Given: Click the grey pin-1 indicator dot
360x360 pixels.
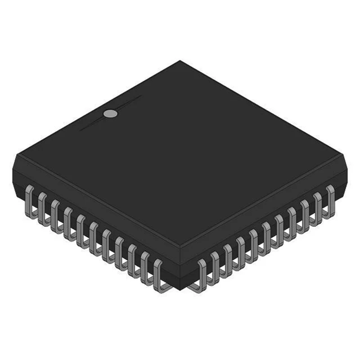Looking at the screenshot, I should (x=110, y=114).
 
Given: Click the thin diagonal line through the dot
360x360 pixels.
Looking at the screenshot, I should (x=130, y=102).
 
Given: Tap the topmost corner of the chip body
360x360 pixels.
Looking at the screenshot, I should (x=180, y=62).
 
